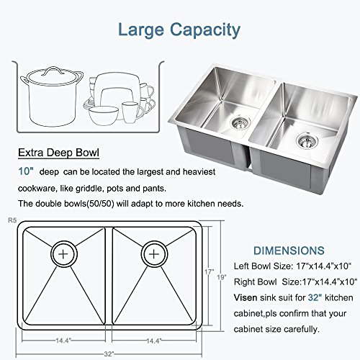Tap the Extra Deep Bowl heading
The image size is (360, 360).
pyautogui.click(x=58, y=153)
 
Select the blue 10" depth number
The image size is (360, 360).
pyautogui.click(x=26, y=171)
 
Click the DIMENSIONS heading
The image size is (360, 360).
pyautogui.click(x=289, y=251)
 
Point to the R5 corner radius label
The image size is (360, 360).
pyautogui.click(x=12, y=220)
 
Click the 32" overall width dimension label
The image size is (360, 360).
pyautogui.click(x=109, y=354)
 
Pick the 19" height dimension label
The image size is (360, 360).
pyautogui.click(x=222, y=277)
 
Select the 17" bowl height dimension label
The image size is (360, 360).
pyautogui.click(x=209, y=272)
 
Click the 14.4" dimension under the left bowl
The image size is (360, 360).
pyautogui.click(x=63, y=341)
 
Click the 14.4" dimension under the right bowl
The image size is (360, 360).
pyautogui.click(x=154, y=341)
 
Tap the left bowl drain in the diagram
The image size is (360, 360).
pyautogui.click(x=64, y=254)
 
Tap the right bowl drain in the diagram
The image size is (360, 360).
pyautogui.click(x=154, y=254)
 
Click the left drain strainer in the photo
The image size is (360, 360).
pyautogui.click(x=240, y=122)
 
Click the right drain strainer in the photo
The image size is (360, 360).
pyautogui.click(x=307, y=141)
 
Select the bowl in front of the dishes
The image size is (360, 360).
pyautogui.click(x=104, y=116)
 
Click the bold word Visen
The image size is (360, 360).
pyautogui.click(x=246, y=297)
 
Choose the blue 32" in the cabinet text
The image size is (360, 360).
pyautogui.click(x=315, y=297)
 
